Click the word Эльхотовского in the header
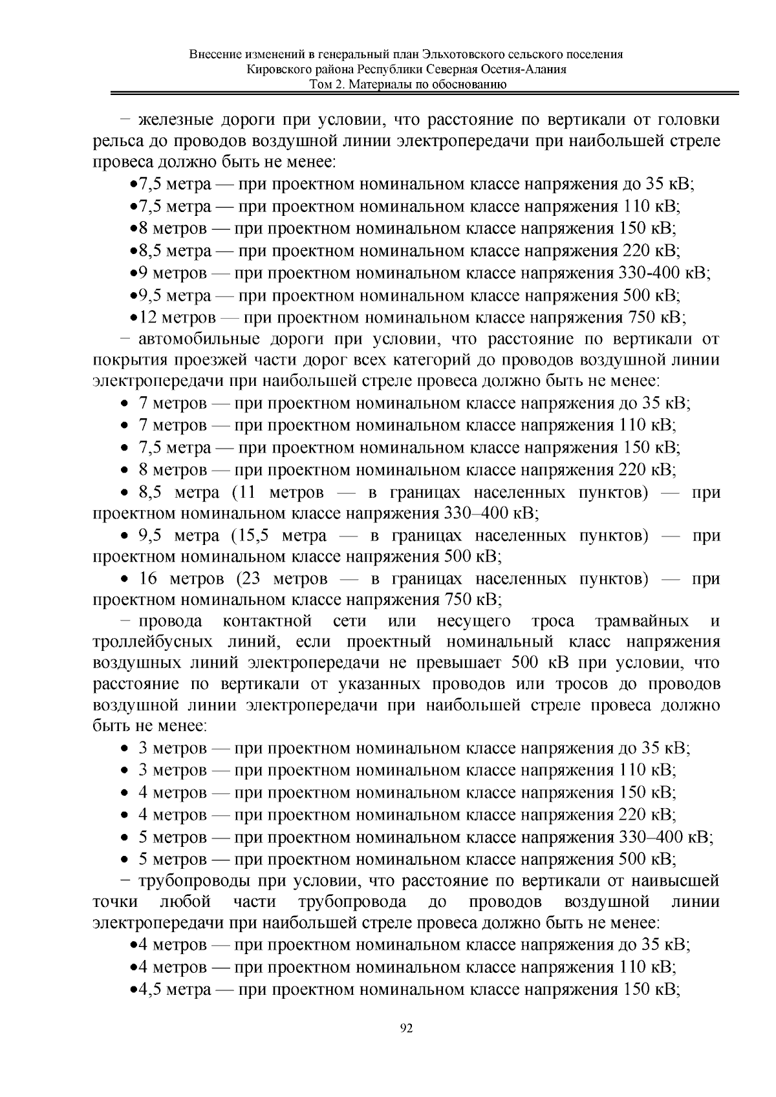[466, 54]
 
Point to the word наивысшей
[678, 880]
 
